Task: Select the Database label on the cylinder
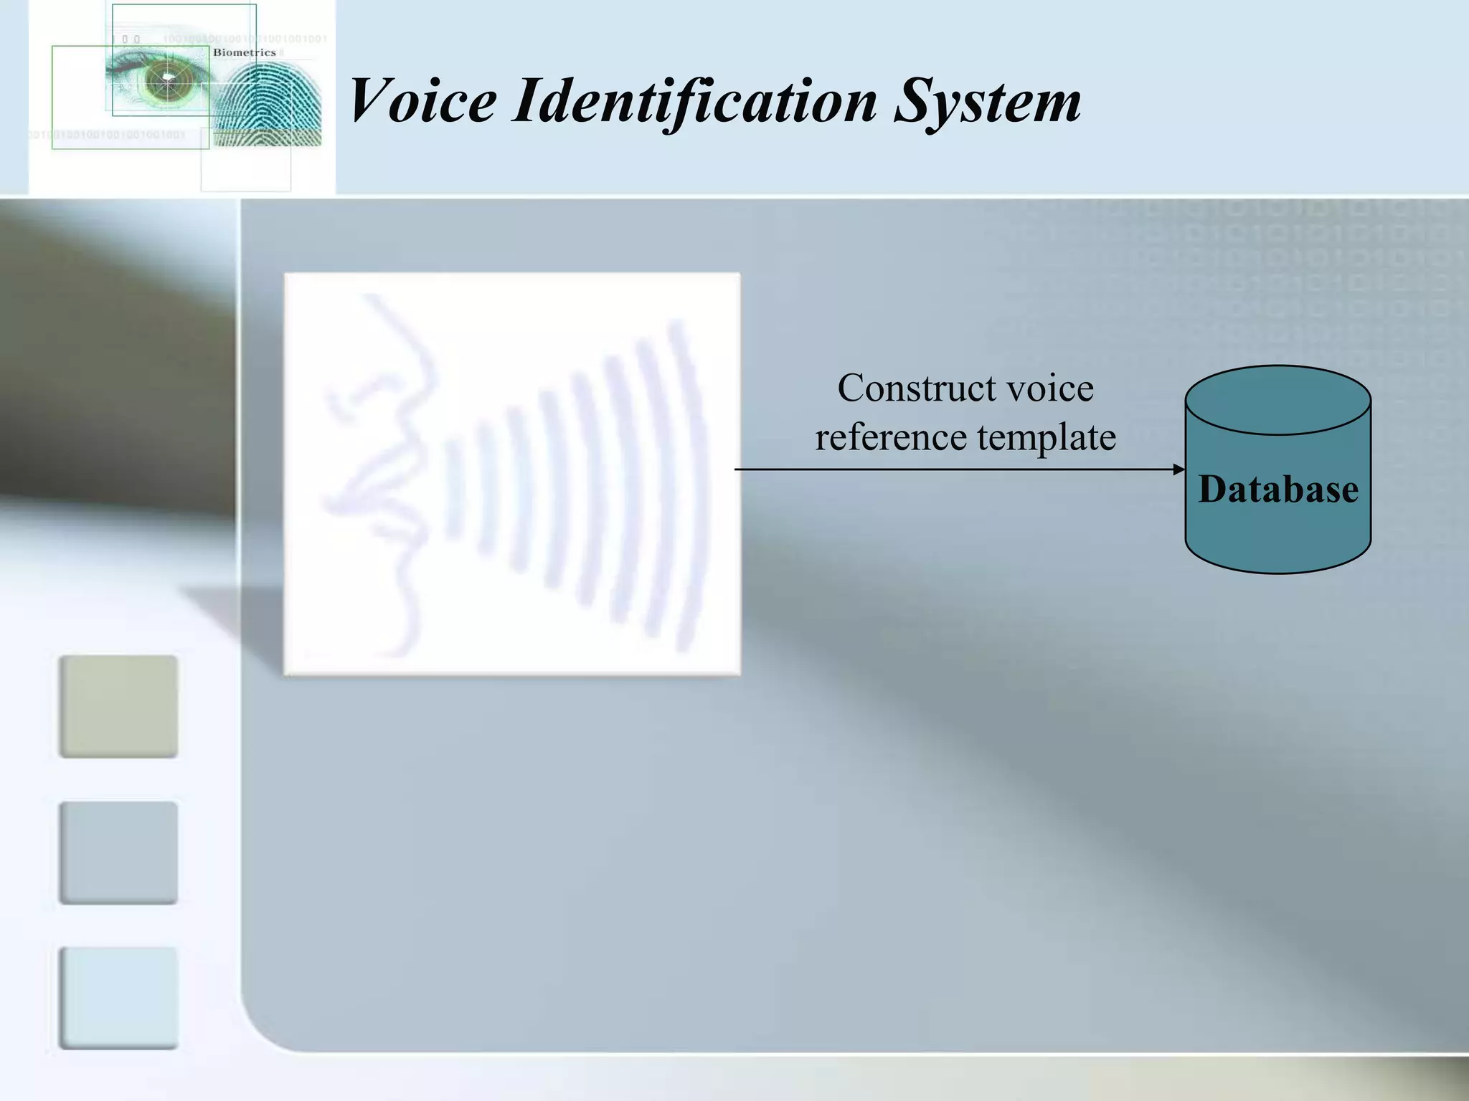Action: coord(1278,490)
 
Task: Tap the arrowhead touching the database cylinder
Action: coord(1178,470)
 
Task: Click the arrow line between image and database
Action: coord(954,470)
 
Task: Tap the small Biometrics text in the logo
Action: coord(244,52)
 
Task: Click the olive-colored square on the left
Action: coord(118,706)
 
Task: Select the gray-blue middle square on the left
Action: coord(118,852)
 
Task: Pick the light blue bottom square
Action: coord(118,998)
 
